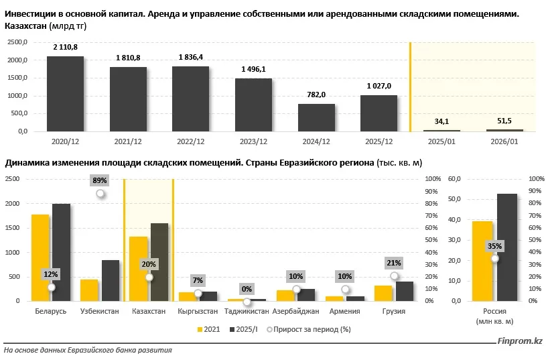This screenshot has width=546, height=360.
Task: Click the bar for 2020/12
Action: (x=65, y=94)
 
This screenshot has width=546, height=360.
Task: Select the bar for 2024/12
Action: (x=316, y=118)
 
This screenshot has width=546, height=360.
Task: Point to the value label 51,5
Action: (x=504, y=121)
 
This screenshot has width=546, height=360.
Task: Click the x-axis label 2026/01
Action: (x=504, y=141)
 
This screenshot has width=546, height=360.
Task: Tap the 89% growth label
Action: (x=100, y=180)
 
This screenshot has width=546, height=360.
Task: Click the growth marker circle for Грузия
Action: (x=394, y=276)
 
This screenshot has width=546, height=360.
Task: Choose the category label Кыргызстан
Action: (x=198, y=312)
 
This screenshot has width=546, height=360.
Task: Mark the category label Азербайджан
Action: (x=295, y=312)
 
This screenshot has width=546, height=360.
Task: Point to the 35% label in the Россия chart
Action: (x=494, y=246)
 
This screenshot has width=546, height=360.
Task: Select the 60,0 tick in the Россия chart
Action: (x=455, y=179)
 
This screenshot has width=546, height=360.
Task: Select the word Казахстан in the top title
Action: (x=25, y=25)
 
